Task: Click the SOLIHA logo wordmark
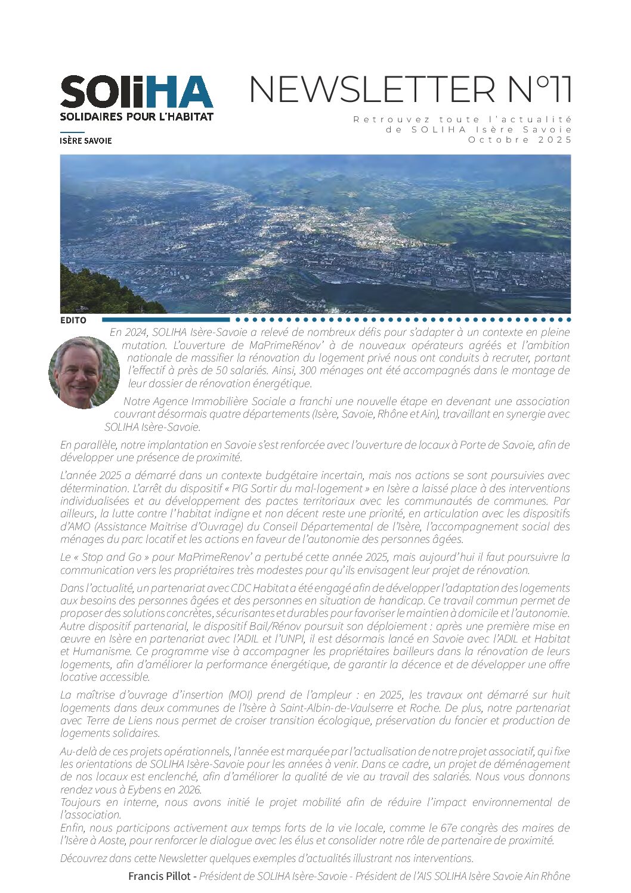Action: coord(136,92)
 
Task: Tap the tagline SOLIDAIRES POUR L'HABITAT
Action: coord(136,117)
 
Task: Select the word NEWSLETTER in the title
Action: coord(371,89)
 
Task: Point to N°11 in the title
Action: coord(539,89)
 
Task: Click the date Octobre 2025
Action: coord(519,140)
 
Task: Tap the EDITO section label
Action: coord(73,320)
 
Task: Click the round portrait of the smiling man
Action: coord(84,373)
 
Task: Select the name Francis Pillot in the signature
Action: coord(159,876)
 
